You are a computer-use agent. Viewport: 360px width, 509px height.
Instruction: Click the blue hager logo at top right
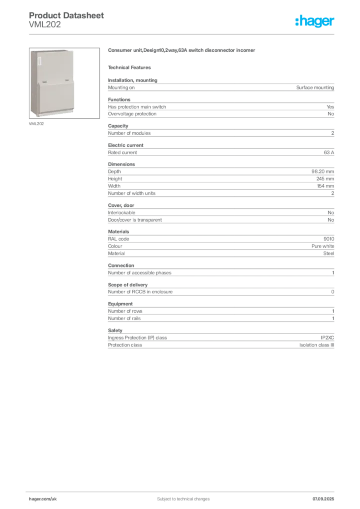pos(316,22)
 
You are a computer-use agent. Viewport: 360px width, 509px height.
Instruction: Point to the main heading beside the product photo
pos(183,51)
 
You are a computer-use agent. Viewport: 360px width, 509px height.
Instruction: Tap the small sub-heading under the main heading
pos(131,67)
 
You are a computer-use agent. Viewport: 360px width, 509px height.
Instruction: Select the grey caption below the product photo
pos(38,123)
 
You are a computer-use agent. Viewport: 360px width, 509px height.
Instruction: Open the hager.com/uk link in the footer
pos(43,498)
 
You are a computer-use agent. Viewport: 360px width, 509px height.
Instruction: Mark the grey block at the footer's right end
pos(323,496)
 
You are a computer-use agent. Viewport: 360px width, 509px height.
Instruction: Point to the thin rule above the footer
pos(183,490)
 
